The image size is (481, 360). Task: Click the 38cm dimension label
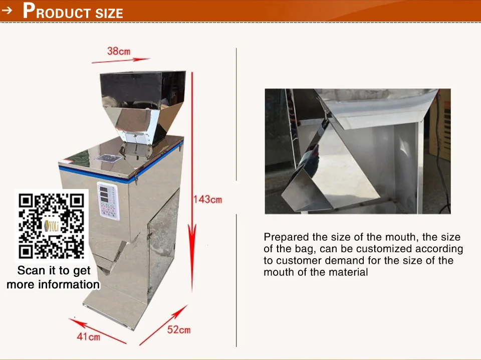click(x=119, y=51)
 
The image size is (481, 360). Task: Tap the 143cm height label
click(x=207, y=200)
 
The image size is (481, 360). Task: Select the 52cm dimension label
click(x=179, y=329)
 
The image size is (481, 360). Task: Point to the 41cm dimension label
click(x=88, y=336)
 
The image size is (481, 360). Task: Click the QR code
click(x=51, y=226)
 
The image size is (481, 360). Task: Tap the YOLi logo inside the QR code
click(x=51, y=226)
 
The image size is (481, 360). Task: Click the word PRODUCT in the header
click(x=57, y=12)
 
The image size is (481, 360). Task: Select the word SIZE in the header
click(x=109, y=13)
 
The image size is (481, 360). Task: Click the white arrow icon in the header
click(x=7, y=11)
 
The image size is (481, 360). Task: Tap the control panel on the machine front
click(x=108, y=201)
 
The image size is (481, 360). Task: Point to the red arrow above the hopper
click(x=121, y=60)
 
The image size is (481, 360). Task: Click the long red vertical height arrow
click(x=192, y=182)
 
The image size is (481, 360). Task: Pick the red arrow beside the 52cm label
click(x=163, y=325)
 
